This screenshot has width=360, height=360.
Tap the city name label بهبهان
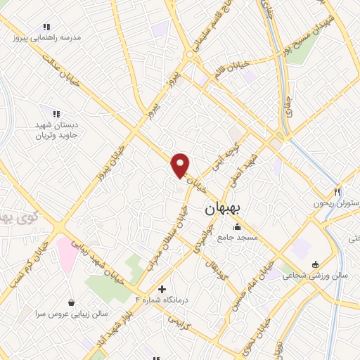coord(224,210)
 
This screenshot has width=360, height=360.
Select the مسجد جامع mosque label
coord(238,238)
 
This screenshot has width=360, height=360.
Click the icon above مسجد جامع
coord(237,226)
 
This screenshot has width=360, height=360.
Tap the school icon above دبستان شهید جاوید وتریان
coord(56,113)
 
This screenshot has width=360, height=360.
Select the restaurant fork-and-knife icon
coord(337,193)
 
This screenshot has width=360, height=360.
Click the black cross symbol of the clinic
coord(162,289)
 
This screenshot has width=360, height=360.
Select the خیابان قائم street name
coord(232,68)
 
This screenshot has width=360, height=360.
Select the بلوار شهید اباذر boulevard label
coord(115,324)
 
